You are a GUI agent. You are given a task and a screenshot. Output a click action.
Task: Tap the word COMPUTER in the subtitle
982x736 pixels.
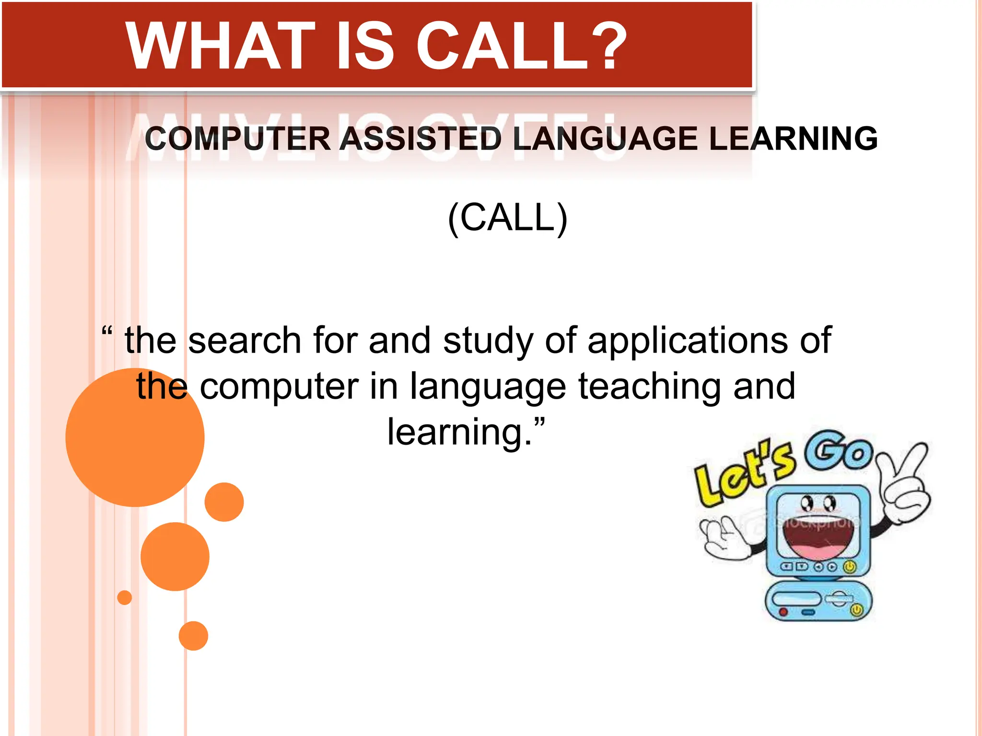pyautogui.click(x=238, y=139)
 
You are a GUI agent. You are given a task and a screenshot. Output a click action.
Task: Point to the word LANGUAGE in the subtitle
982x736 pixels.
pyautogui.click(x=605, y=139)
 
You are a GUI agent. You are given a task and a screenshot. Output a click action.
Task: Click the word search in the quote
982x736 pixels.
pyautogui.click(x=245, y=341)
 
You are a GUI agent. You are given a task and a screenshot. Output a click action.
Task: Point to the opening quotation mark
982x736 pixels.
pyautogui.click(x=107, y=331)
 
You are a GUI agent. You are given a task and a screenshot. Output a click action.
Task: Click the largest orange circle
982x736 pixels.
pyautogui.click(x=135, y=437)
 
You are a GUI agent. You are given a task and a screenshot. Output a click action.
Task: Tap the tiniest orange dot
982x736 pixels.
pyautogui.click(x=125, y=598)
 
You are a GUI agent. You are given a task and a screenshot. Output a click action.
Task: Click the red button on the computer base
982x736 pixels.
pyautogui.click(x=783, y=612)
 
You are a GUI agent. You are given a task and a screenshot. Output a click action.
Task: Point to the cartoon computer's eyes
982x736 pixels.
pyautogui.click(x=818, y=504)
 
